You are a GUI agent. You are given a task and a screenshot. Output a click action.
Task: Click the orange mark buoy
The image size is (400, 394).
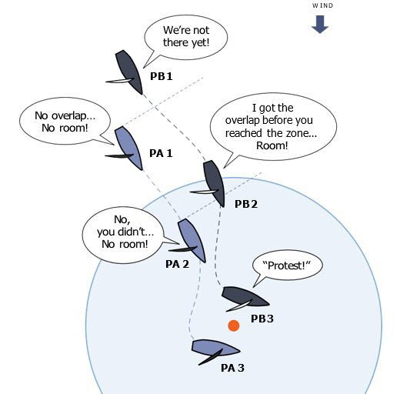click(x=234, y=326)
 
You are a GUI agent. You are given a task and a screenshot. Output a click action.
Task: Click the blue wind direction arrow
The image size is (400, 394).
click(x=320, y=24)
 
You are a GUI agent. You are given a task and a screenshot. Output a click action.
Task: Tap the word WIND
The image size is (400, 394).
click(x=322, y=5)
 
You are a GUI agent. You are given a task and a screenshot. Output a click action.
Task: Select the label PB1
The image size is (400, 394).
click(x=162, y=76)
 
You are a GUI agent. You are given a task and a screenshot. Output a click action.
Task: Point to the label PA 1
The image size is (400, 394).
click(x=161, y=153)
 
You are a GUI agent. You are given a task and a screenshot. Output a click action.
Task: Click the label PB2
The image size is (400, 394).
click(x=246, y=204)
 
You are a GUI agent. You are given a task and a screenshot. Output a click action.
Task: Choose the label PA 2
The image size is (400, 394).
click(x=177, y=264)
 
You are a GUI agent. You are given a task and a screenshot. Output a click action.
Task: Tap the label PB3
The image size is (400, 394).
click(x=262, y=319)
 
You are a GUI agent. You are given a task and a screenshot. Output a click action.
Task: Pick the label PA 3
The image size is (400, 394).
click(x=232, y=368)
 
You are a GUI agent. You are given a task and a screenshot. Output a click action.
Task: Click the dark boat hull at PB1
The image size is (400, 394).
click(x=128, y=72)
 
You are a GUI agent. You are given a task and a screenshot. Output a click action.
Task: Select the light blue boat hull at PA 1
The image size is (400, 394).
click(x=128, y=148)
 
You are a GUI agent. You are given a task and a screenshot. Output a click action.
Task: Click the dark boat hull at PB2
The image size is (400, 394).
click(x=215, y=183)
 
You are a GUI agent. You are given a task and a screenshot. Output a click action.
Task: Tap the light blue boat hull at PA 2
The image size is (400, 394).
click(x=192, y=240)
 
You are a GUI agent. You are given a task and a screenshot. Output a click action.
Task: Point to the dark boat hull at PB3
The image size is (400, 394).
click(x=245, y=296)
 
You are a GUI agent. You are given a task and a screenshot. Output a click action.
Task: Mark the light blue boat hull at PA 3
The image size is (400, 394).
click(x=215, y=348)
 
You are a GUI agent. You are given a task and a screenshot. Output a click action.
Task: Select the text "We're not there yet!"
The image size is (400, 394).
click(x=186, y=36)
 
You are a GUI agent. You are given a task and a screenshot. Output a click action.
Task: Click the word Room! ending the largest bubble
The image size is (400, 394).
click(x=272, y=145)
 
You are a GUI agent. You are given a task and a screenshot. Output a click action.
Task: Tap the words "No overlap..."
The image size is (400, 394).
click(x=65, y=116)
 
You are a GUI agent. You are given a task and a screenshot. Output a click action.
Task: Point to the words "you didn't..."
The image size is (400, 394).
click(x=125, y=232)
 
